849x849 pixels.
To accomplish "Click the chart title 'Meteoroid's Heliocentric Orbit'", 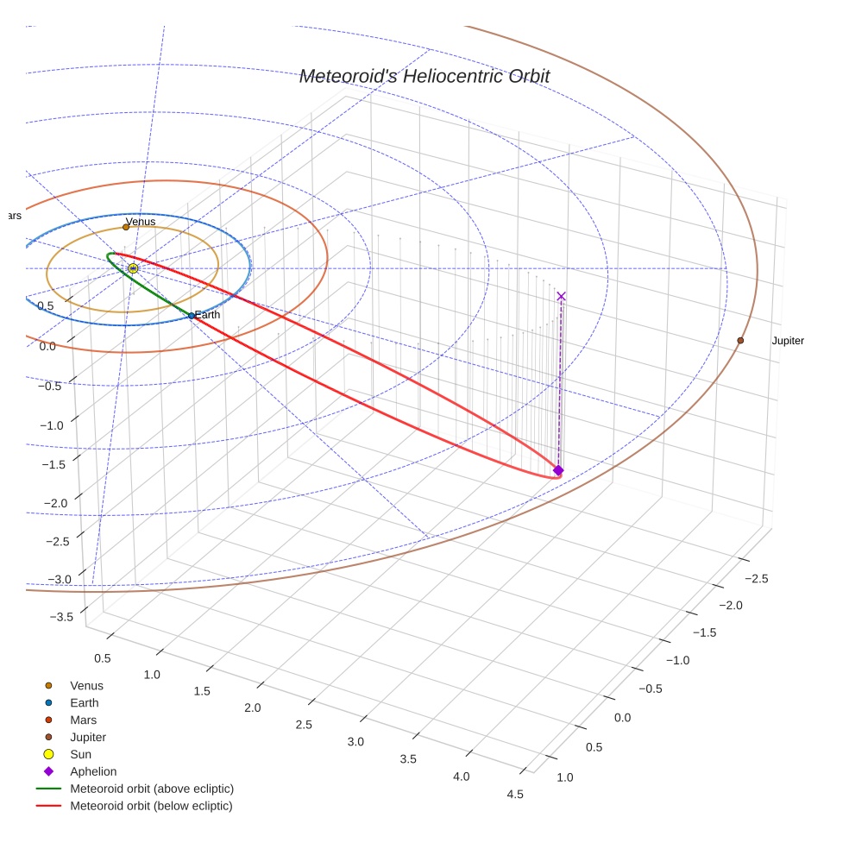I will pyautogui.click(x=424, y=76).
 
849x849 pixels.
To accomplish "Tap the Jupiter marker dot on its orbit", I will pyautogui.click(x=740, y=341).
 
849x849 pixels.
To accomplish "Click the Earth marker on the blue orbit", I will pyautogui.click(x=192, y=316).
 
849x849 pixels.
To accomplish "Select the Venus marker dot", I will pyautogui.click(x=126, y=227).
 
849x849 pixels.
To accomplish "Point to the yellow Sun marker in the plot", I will pyautogui.click(x=133, y=268).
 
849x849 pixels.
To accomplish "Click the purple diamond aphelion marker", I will pyautogui.click(x=558, y=470).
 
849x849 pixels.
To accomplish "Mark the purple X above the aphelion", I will pyautogui.click(x=562, y=296).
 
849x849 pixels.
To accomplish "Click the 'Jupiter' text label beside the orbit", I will pyautogui.click(x=787, y=341).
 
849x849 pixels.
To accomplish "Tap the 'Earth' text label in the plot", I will pyautogui.click(x=207, y=315).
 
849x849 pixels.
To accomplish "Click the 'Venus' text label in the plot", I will pyautogui.click(x=141, y=222).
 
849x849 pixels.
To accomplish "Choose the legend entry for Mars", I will pyautogui.click(x=83, y=720).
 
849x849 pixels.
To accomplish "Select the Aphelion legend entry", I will pyautogui.click(x=92, y=771).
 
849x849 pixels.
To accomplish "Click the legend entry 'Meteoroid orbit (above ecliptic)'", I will pyautogui.click(x=151, y=789).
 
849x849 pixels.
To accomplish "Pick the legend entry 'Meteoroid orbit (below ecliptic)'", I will pyautogui.click(x=151, y=806).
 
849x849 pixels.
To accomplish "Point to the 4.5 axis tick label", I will pyautogui.click(x=515, y=794).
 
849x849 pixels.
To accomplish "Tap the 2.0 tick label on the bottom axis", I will pyautogui.click(x=252, y=707).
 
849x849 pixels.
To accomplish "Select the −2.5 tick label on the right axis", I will pyautogui.click(x=756, y=578).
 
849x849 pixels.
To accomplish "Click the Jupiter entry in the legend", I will pyautogui.click(x=88, y=737).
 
